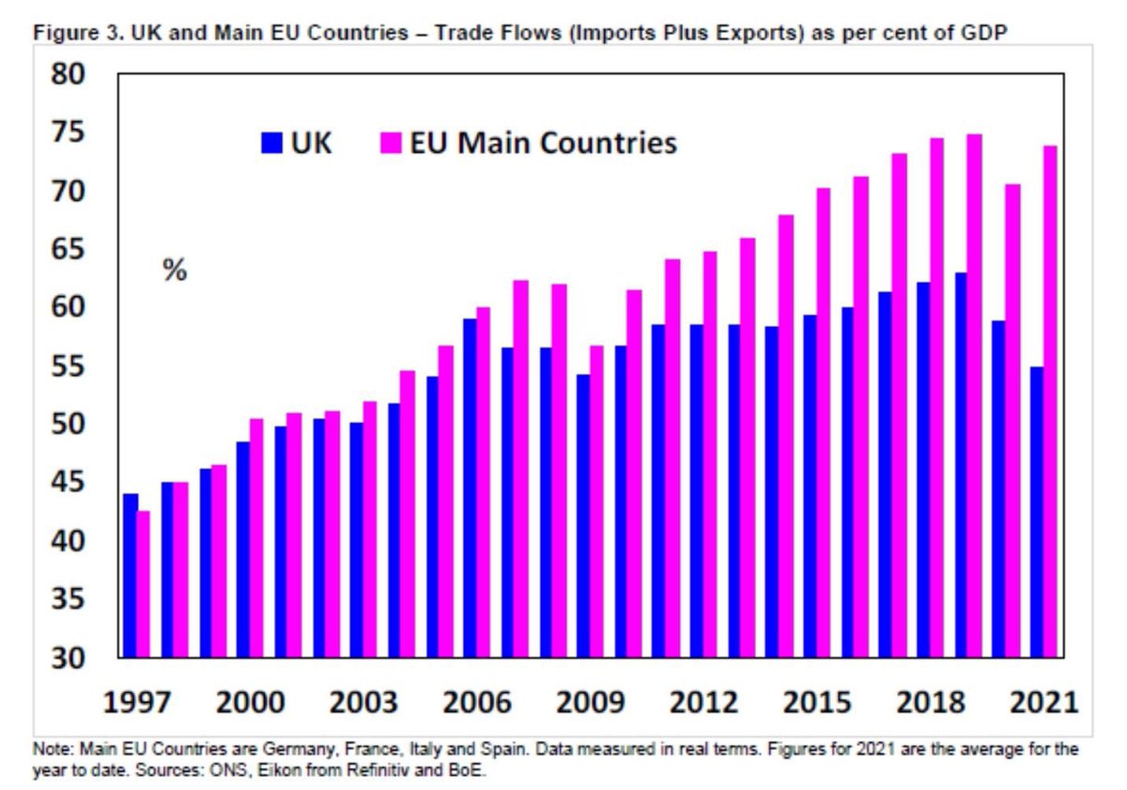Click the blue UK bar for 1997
[131, 575]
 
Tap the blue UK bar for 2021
[1037, 512]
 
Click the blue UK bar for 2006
[471, 488]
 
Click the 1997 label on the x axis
[139, 703]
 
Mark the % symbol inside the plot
[175, 271]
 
